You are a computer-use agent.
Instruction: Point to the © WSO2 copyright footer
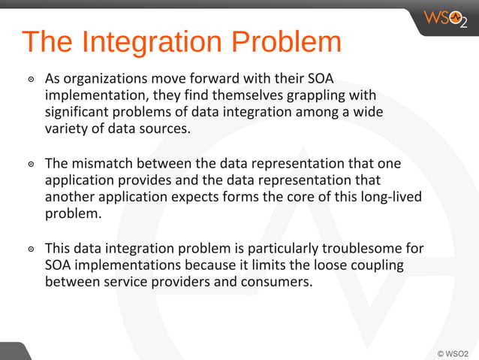[x=452, y=352]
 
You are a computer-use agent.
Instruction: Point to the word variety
[x=65, y=129]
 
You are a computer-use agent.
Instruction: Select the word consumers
[x=274, y=282]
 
